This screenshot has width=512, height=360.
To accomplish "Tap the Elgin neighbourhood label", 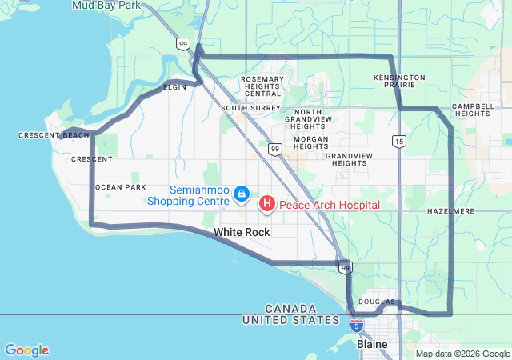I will click(x=174, y=86).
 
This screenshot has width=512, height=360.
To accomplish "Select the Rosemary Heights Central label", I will click(x=262, y=86).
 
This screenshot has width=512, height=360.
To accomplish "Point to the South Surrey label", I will click(x=250, y=107).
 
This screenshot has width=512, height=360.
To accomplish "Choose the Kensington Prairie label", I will click(x=399, y=81).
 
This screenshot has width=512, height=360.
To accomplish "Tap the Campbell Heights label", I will click(x=472, y=110).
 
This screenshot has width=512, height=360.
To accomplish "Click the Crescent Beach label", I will click(x=54, y=135).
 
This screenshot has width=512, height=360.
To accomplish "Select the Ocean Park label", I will click(x=121, y=187).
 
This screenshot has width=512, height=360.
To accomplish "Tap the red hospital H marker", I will click(x=266, y=205).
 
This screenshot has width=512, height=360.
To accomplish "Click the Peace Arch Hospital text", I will click(x=329, y=206).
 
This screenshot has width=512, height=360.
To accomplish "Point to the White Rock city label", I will click(x=242, y=232).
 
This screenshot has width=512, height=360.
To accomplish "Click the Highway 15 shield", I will click(x=398, y=142).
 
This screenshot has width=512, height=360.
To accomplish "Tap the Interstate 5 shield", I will click(x=356, y=326).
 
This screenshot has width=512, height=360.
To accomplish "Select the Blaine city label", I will click(x=372, y=344).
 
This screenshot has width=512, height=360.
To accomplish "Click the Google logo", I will click(x=26, y=350).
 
